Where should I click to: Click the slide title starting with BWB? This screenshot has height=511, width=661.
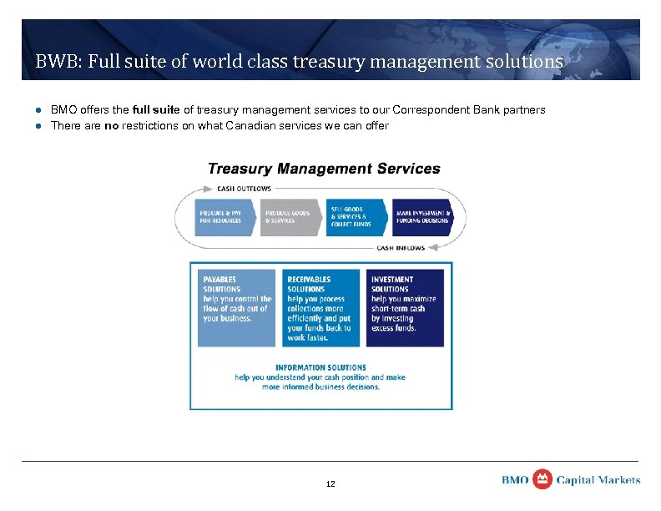tap(299, 62)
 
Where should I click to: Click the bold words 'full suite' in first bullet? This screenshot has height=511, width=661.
tap(157, 110)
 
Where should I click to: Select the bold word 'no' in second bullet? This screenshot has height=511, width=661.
tap(111, 126)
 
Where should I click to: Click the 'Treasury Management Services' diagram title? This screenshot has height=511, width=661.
tap(324, 169)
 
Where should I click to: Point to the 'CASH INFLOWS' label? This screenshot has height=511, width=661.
tap(401, 248)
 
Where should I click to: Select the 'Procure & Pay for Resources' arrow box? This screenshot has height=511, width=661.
tap(224, 217)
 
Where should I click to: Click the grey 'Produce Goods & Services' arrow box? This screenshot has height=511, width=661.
tap(290, 217)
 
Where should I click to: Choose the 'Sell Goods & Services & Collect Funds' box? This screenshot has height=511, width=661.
tap(356, 217)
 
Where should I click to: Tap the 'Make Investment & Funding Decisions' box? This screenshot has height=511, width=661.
tap(422, 217)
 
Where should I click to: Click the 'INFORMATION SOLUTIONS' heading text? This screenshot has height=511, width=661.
tap(320, 367)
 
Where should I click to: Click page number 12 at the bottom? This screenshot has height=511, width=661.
tap(330, 484)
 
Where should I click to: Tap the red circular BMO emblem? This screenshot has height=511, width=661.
tap(542, 479)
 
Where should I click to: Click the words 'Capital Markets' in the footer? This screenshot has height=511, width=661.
tap(598, 480)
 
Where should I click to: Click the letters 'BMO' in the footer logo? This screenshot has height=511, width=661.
tap(515, 480)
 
